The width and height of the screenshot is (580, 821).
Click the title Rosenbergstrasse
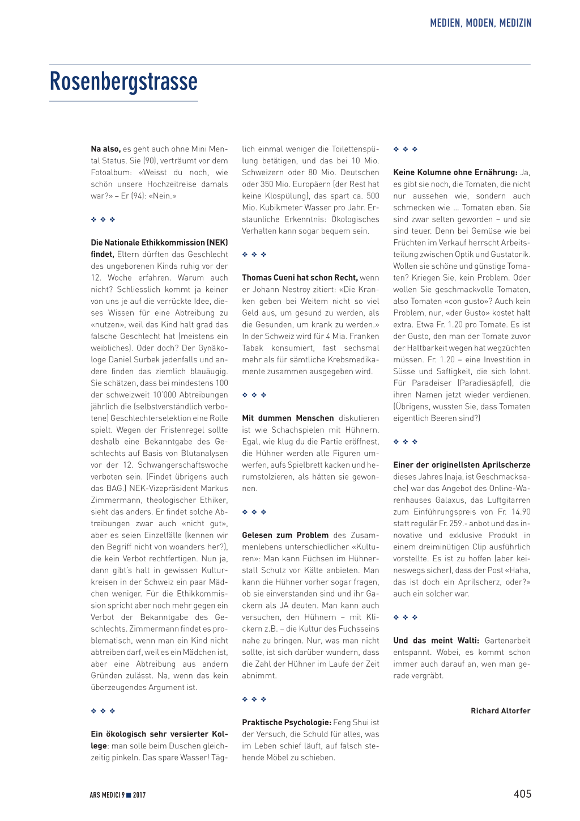[x=123, y=82]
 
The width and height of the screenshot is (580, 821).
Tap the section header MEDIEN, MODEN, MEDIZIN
[x=480, y=23]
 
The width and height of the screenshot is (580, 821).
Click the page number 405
[x=522, y=794]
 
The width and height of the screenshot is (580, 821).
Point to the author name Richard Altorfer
[x=500, y=711]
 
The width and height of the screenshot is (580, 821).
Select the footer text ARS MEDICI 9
[x=107, y=795]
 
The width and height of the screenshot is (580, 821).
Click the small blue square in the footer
[x=129, y=795]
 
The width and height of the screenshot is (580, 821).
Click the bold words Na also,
[x=105, y=149]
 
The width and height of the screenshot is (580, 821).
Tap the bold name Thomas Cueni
[x=266, y=278]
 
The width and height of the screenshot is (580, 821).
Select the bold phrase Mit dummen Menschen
[x=288, y=418]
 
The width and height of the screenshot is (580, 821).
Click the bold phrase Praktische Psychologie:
[x=287, y=722]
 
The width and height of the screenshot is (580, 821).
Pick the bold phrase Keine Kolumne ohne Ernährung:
[x=455, y=172]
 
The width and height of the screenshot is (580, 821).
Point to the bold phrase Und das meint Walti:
[x=436, y=641]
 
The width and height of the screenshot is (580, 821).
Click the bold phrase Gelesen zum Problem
[x=285, y=535]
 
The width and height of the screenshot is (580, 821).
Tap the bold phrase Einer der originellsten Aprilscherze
[x=462, y=465]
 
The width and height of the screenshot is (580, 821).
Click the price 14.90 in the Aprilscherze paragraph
[x=521, y=512]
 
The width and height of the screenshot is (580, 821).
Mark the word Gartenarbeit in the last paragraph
[x=507, y=641]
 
